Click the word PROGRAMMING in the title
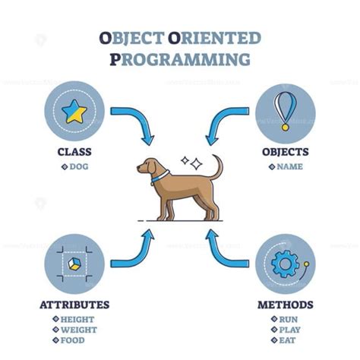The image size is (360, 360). pyautogui.click(x=179, y=58)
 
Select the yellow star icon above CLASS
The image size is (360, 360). pyautogui.click(x=74, y=112)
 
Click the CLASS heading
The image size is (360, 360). pyautogui.click(x=74, y=151)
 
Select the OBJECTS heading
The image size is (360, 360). pyautogui.click(x=285, y=151)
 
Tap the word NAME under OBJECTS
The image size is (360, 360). pyautogui.click(x=289, y=166)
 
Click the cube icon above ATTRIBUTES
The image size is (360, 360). pyautogui.click(x=74, y=263)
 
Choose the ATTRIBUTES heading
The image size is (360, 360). pyautogui.click(x=74, y=305)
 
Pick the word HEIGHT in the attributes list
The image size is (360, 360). pyautogui.click(x=77, y=320)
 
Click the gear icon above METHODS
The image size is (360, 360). pyautogui.click(x=284, y=264)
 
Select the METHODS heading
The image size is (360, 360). pyautogui.click(x=285, y=305)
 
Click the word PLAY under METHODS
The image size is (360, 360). pyautogui.click(x=289, y=331)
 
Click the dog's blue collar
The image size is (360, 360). pyautogui.click(x=160, y=178)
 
